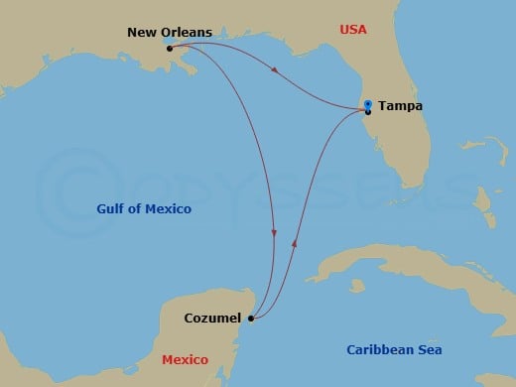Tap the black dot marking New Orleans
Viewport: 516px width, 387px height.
click(x=171, y=48)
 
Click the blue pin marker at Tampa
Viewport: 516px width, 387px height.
click(x=367, y=106)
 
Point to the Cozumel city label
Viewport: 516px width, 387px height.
click(x=214, y=318)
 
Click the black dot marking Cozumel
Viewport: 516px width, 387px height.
click(x=251, y=319)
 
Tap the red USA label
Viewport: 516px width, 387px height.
click(x=353, y=30)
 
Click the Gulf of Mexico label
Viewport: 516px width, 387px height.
click(x=144, y=209)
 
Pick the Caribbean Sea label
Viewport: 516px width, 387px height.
click(x=394, y=349)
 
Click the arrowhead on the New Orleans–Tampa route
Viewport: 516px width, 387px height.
click(x=273, y=66)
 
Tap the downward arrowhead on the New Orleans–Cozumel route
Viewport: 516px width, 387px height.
click(x=274, y=233)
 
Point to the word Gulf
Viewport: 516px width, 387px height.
click(x=110, y=209)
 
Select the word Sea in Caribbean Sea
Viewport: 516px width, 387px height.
click(x=429, y=349)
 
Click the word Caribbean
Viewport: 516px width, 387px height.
click(x=379, y=349)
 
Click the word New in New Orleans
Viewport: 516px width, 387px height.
click(x=140, y=33)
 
